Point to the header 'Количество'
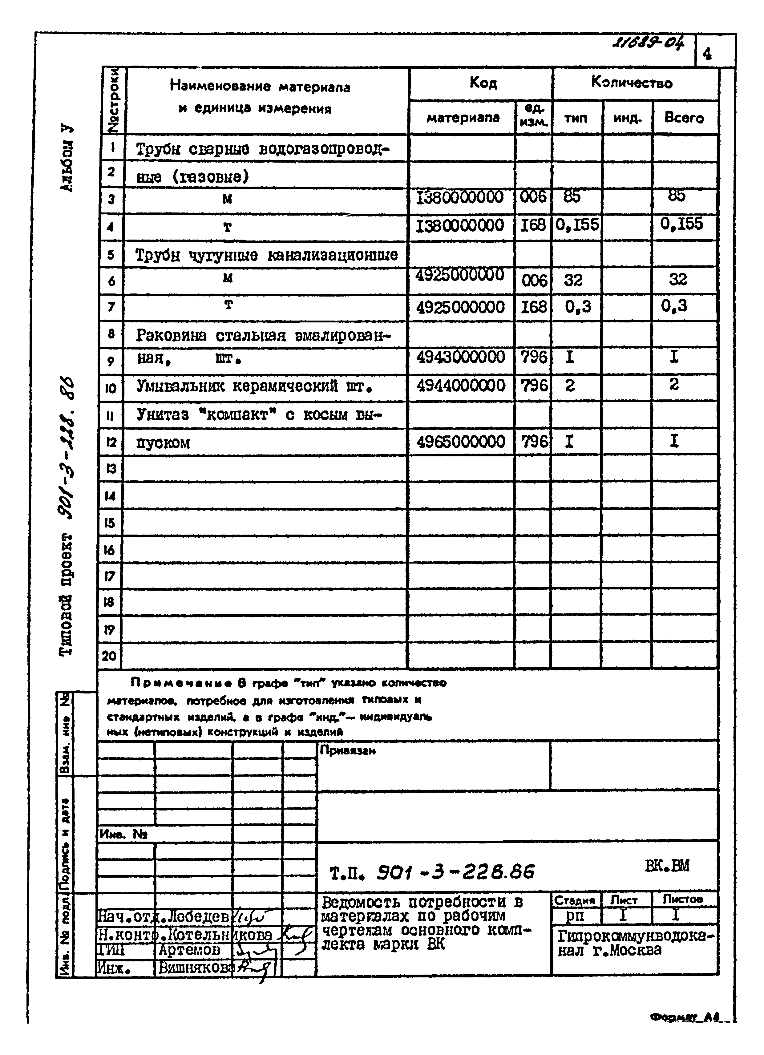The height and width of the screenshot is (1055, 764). point(632,83)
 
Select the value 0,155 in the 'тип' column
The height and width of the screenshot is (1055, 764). point(577,225)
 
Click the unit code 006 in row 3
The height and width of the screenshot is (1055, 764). point(533,197)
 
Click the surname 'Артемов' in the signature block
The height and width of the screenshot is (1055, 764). point(189,949)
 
